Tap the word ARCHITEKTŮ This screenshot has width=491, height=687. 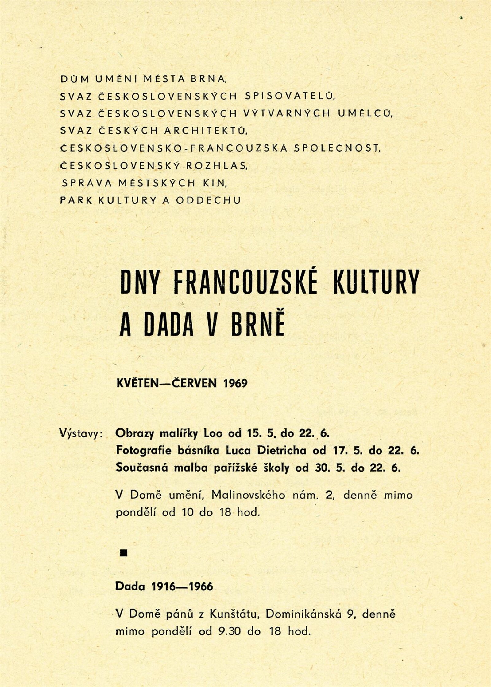(205, 131)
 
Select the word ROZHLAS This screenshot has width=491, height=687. (217, 166)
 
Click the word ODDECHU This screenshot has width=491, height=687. (209, 200)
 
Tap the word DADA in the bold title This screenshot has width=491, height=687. (169, 325)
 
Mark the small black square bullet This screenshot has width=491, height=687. (124, 553)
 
